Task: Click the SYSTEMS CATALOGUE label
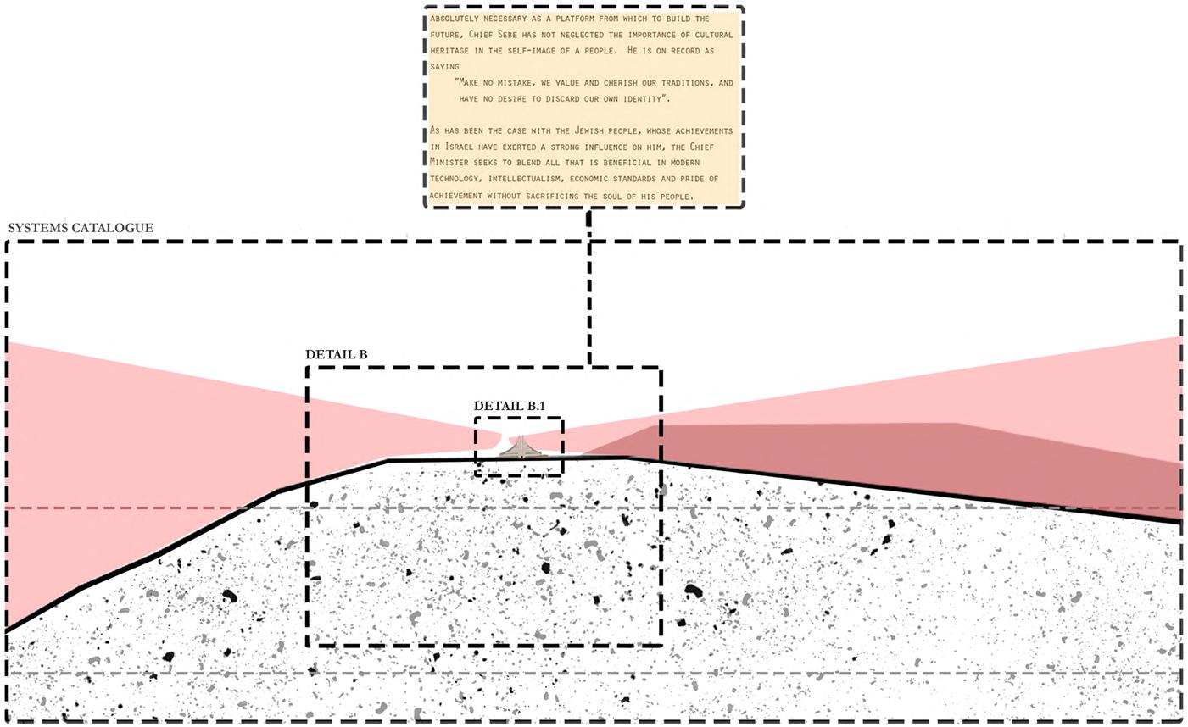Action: tap(81, 228)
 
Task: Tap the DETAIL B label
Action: tap(336, 354)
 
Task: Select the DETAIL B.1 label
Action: tap(509, 406)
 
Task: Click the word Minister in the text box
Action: tap(452, 163)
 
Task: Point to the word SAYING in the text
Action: tap(444, 66)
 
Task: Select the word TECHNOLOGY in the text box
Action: tap(459, 179)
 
